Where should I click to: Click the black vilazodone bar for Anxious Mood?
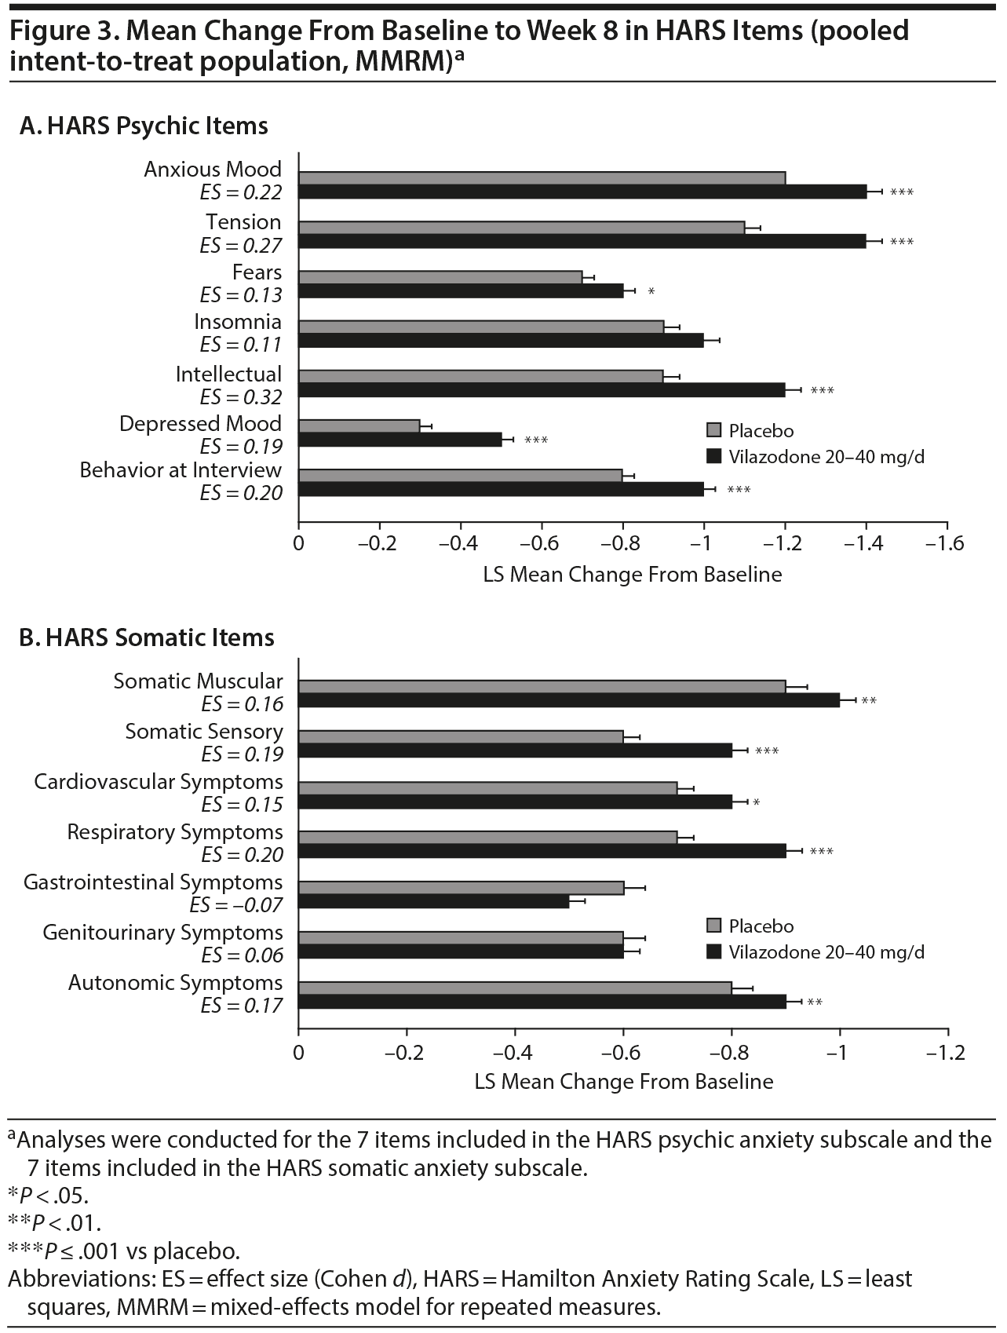point(582,192)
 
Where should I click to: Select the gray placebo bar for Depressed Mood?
point(359,426)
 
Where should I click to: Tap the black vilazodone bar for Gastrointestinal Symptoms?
point(433,901)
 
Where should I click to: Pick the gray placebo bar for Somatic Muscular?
point(542,687)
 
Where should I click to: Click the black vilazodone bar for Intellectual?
point(542,389)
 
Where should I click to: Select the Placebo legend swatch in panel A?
point(713,431)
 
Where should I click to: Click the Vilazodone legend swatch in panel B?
point(713,951)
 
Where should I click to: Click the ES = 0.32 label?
point(241,397)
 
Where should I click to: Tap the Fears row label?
point(257,272)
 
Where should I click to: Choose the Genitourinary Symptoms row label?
point(162,933)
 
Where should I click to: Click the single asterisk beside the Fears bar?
point(651,292)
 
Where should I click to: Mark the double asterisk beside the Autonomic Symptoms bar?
point(815,1002)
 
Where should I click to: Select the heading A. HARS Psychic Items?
point(144,126)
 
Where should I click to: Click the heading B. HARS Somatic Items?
point(147,637)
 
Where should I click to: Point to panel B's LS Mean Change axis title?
point(624,1082)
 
